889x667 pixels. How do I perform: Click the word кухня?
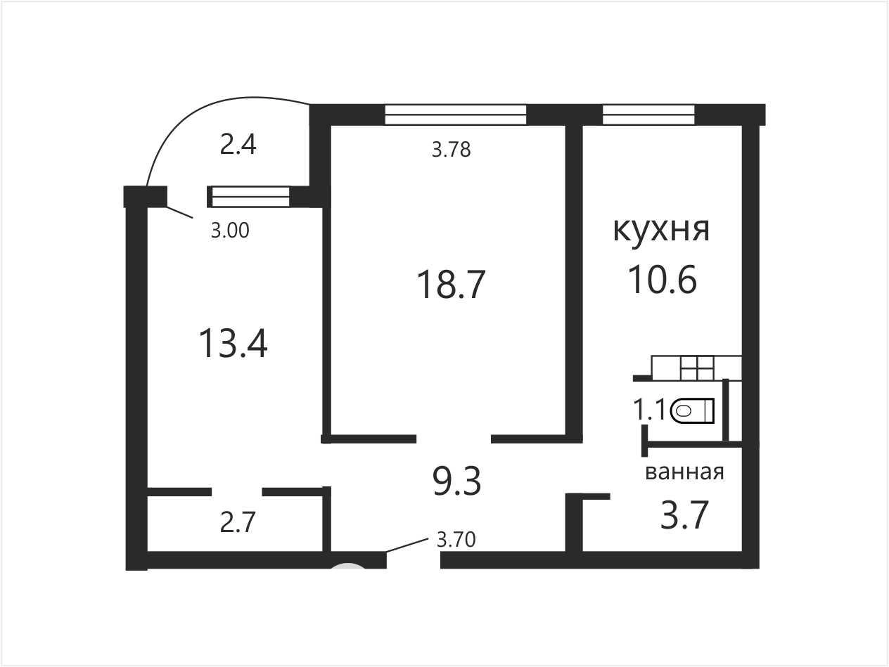pos(661,231)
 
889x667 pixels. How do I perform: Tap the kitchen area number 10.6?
pos(663,280)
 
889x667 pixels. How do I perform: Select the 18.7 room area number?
pos(451,285)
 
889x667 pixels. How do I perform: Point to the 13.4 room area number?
pos(233,344)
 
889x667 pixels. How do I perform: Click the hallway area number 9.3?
pos(457,481)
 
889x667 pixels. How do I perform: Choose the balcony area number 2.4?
pos(238,145)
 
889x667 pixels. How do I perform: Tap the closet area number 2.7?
pos(237,522)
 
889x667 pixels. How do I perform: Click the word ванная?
pos(684,472)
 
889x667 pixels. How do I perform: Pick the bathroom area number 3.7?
pos(684,514)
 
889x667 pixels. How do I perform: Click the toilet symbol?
pos(692,410)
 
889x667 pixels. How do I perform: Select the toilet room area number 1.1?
pos(649,410)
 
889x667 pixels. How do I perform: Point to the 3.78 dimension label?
pos(452,150)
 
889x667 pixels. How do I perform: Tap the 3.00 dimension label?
pos(230,231)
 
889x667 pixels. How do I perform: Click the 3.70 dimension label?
pos(456,540)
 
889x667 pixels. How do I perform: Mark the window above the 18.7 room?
pos(455,115)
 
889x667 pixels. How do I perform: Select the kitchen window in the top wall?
pos(648,115)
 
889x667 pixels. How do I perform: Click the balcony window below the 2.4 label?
pos(250,197)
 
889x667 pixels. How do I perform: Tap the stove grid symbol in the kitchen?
pos(696,368)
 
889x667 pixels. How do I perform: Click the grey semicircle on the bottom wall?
pos(348,565)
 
